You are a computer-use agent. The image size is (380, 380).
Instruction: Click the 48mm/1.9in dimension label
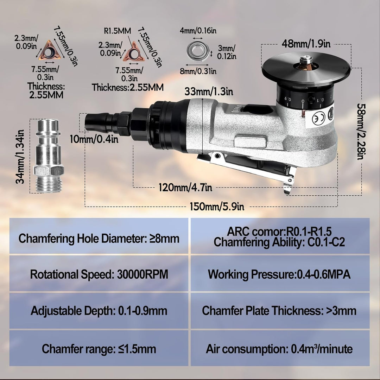(x=306, y=44)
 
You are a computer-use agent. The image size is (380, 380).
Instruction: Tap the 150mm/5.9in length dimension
(x=217, y=207)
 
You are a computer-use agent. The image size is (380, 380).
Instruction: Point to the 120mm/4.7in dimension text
(x=185, y=187)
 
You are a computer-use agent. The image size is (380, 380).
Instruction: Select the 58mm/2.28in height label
(x=361, y=132)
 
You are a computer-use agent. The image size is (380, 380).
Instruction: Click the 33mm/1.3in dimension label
(x=209, y=91)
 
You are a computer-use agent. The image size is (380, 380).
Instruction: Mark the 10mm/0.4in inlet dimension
(x=94, y=139)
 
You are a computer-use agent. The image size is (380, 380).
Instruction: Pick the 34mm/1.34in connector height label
(x=20, y=157)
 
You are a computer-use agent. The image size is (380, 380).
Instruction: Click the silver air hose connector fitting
(x=49, y=156)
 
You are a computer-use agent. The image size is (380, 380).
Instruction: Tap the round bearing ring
(x=198, y=51)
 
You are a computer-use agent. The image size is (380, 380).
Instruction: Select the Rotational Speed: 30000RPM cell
(x=99, y=274)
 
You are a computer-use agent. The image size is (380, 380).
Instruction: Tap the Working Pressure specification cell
(x=280, y=274)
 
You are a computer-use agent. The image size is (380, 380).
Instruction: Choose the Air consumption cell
(x=280, y=348)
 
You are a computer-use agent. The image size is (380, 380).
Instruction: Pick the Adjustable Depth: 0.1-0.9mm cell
(x=99, y=311)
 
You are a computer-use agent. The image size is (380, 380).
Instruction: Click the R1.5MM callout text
(x=117, y=31)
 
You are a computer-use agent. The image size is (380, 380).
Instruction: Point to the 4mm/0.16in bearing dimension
(x=198, y=31)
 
